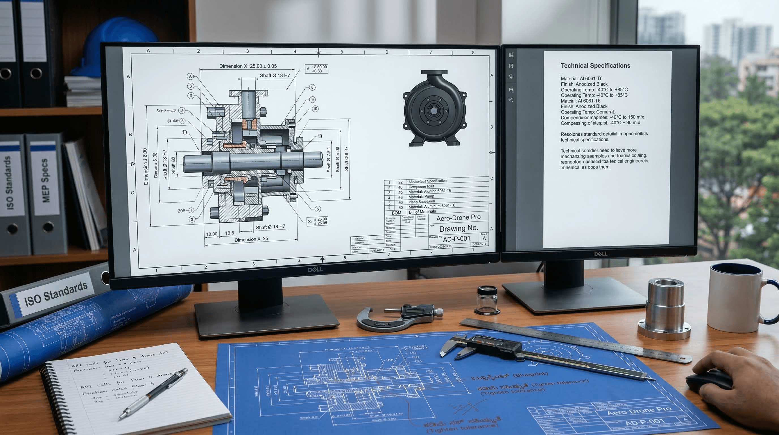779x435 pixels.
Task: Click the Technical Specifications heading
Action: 595,66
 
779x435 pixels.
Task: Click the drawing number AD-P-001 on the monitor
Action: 456,239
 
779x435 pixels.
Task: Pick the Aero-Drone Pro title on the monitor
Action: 458,218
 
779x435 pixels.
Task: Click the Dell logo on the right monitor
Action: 601,254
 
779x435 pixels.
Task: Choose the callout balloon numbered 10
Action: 315,109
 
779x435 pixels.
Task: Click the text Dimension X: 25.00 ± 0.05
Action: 248,66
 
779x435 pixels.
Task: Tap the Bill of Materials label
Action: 422,212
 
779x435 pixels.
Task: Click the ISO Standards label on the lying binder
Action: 56,293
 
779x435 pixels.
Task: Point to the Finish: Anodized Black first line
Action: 584,84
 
